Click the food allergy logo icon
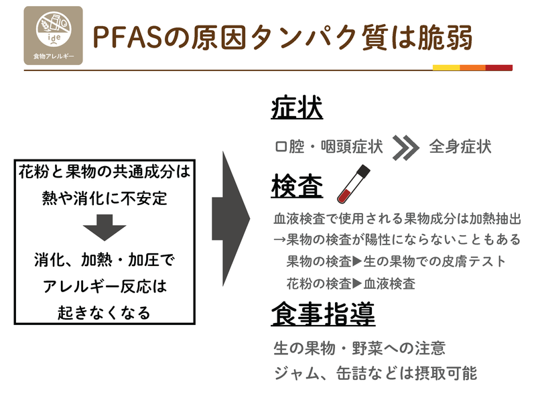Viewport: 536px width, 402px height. tap(54, 36)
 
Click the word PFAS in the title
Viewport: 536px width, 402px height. tap(127, 37)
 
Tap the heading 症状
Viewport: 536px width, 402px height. tap(297, 108)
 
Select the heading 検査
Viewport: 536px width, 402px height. tap(297, 186)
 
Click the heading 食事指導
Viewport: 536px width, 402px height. tap(323, 314)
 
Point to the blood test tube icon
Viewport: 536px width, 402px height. tap(354, 184)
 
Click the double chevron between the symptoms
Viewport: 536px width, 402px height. tap(405, 147)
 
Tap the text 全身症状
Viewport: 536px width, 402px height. tap(460, 147)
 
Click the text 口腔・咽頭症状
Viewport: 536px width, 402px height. tap(329, 147)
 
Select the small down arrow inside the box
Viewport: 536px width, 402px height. tap(105, 227)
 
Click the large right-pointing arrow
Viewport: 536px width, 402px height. tap(231, 219)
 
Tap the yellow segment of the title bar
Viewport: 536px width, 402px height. tap(446, 68)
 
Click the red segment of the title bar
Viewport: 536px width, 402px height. tap(499, 68)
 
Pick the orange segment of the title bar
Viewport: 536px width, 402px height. tap(473, 68)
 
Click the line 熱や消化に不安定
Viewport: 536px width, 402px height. tap(105, 198)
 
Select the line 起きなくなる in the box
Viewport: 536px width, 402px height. tap(104, 313)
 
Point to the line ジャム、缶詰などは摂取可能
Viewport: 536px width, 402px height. tap(375, 373)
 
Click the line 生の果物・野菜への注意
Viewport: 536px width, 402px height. tap(360, 348)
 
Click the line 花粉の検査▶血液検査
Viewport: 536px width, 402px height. tap(350, 283)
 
